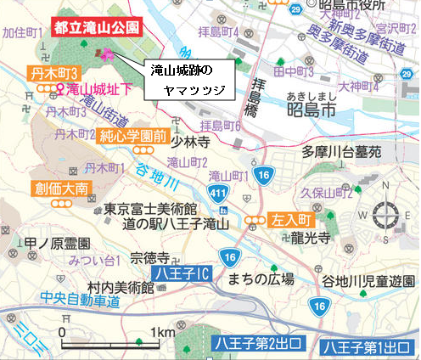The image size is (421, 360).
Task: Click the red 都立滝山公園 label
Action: click(x=95, y=28)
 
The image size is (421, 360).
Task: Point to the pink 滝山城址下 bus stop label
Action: click(x=96, y=88)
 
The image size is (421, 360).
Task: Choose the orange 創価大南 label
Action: click(x=56, y=188)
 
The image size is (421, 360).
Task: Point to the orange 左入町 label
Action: click(x=288, y=220)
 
